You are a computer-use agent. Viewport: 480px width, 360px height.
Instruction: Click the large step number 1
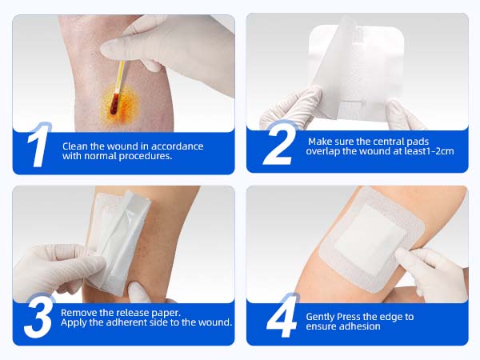[x=38, y=145]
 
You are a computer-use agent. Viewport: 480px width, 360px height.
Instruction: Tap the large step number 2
[x=280, y=143]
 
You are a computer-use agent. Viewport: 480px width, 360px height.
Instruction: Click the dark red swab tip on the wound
[x=114, y=104]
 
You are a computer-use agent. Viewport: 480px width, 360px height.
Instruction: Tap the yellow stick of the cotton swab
[x=119, y=77]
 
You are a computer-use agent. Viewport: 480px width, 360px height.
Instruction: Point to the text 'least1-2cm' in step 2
[x=428, y=151]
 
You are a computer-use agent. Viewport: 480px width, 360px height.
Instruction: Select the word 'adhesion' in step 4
[x=360, y=326]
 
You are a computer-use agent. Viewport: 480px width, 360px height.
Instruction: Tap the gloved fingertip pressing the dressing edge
[x=402, y=254]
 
